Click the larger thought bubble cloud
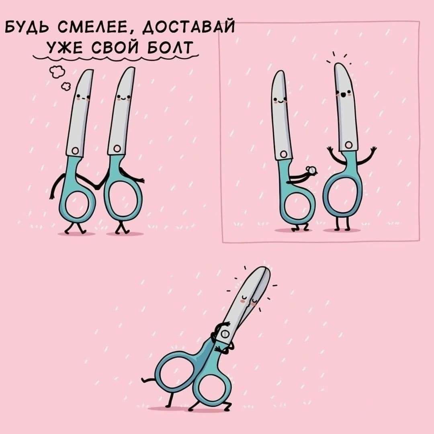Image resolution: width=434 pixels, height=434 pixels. pyautogui.click(x=57, y=72)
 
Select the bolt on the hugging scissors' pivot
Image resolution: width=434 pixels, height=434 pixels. pyautogui.click(x=225, y=334)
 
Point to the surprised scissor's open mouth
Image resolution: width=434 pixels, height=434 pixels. pyautogui.click(x=343, y=95)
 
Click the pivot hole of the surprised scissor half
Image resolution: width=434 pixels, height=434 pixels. pyautogui.click(x=348, y=145)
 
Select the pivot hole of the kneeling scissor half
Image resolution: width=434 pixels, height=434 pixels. pyautogui.click(x=283, y=154)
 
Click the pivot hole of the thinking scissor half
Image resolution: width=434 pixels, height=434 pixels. pyautogui.click(x=75, y=151)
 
